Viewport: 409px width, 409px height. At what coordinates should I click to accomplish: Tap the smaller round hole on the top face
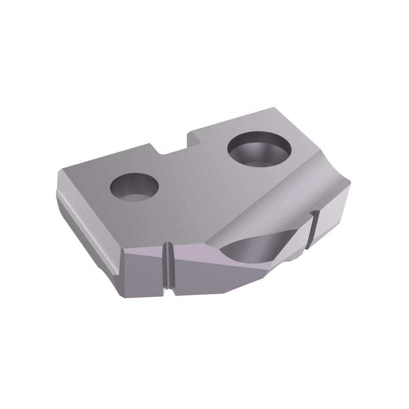[134, 188]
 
